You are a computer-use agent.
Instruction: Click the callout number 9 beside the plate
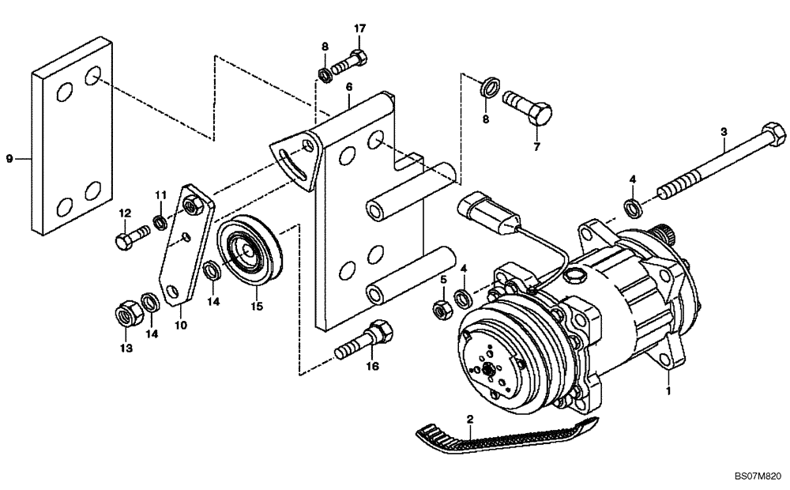(x=10, y=159)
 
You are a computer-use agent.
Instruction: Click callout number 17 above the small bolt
(x=359, y=29)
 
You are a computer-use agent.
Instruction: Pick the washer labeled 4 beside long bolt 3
(x=633, y=208)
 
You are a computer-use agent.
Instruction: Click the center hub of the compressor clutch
(x=491, y=369)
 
